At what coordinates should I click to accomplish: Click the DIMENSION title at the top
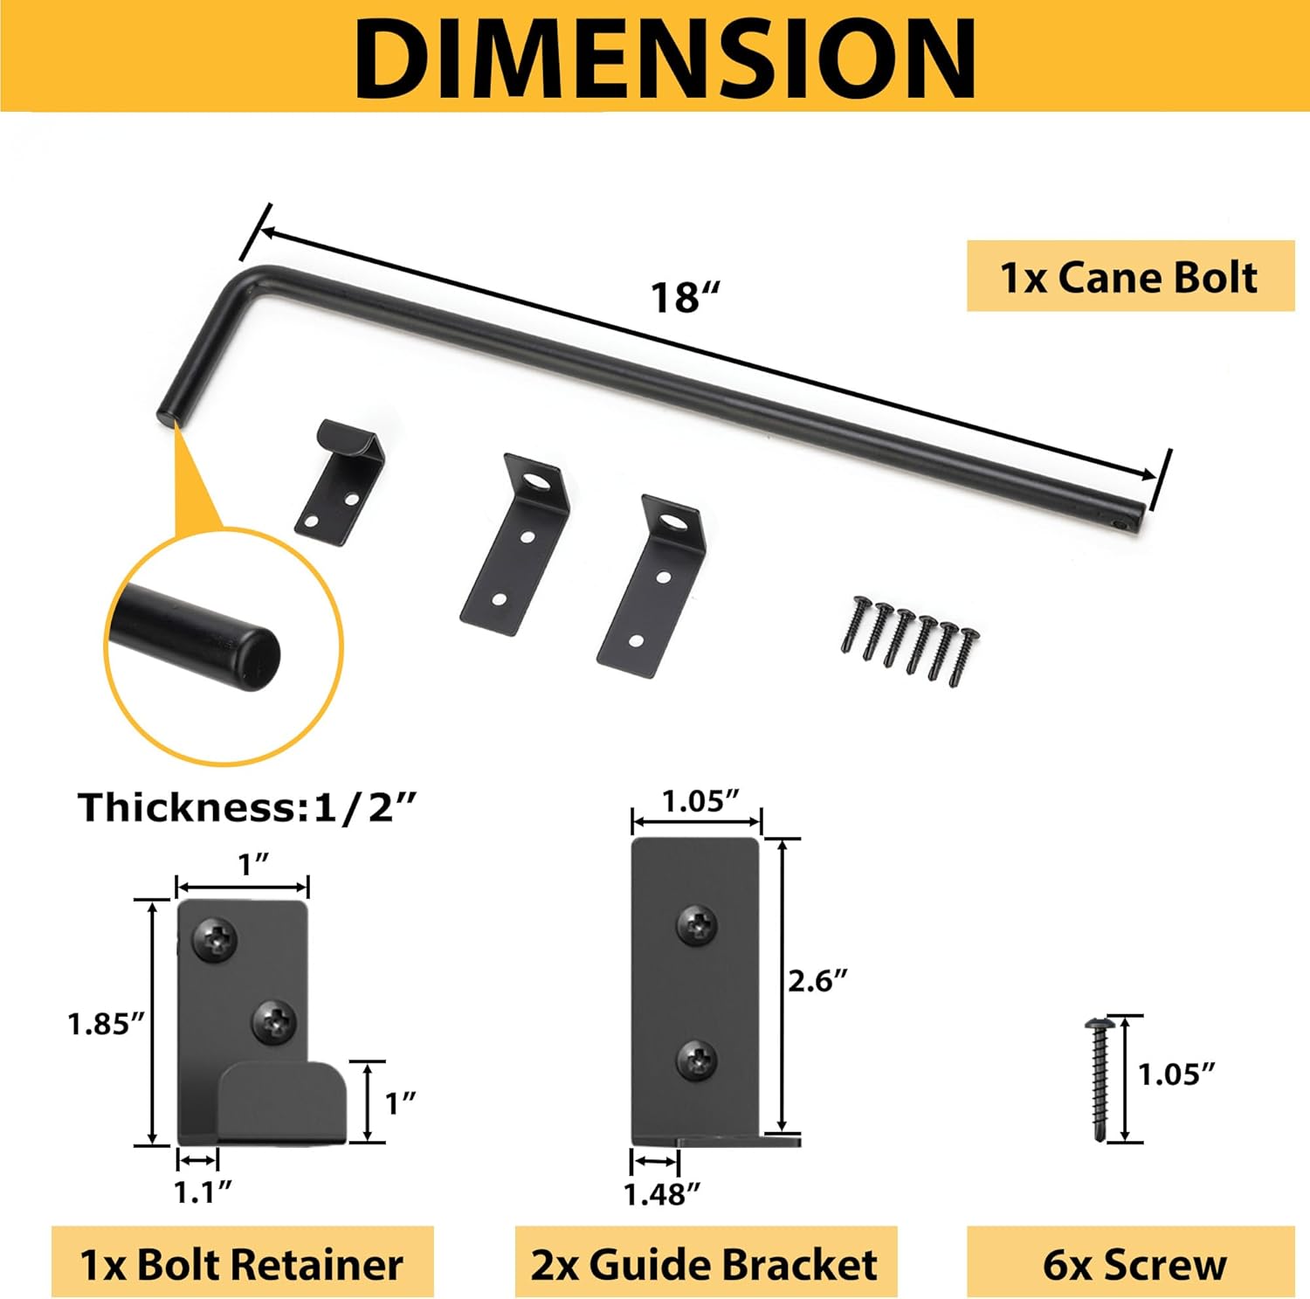click(664, 56)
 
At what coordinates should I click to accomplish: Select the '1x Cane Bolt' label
click(1129, 277)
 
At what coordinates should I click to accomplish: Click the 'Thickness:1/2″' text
click(247, 807)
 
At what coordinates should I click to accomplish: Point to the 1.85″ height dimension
click(105, 1023)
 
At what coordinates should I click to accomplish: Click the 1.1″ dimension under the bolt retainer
click(203, 1191)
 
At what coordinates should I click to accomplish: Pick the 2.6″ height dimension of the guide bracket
click(817, 981)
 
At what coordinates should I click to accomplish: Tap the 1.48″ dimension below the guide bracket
click(662, 1193)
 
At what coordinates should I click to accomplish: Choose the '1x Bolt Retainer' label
click(242, 1264)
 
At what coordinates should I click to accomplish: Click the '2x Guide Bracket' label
click(704, 1264)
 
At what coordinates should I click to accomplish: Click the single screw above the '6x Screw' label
click(1097, 1079)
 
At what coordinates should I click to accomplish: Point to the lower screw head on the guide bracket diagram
click(698, 1061)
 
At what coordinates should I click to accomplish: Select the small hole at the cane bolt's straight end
click(1120, 526)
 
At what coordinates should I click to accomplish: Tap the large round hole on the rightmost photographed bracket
click(673, 523)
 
